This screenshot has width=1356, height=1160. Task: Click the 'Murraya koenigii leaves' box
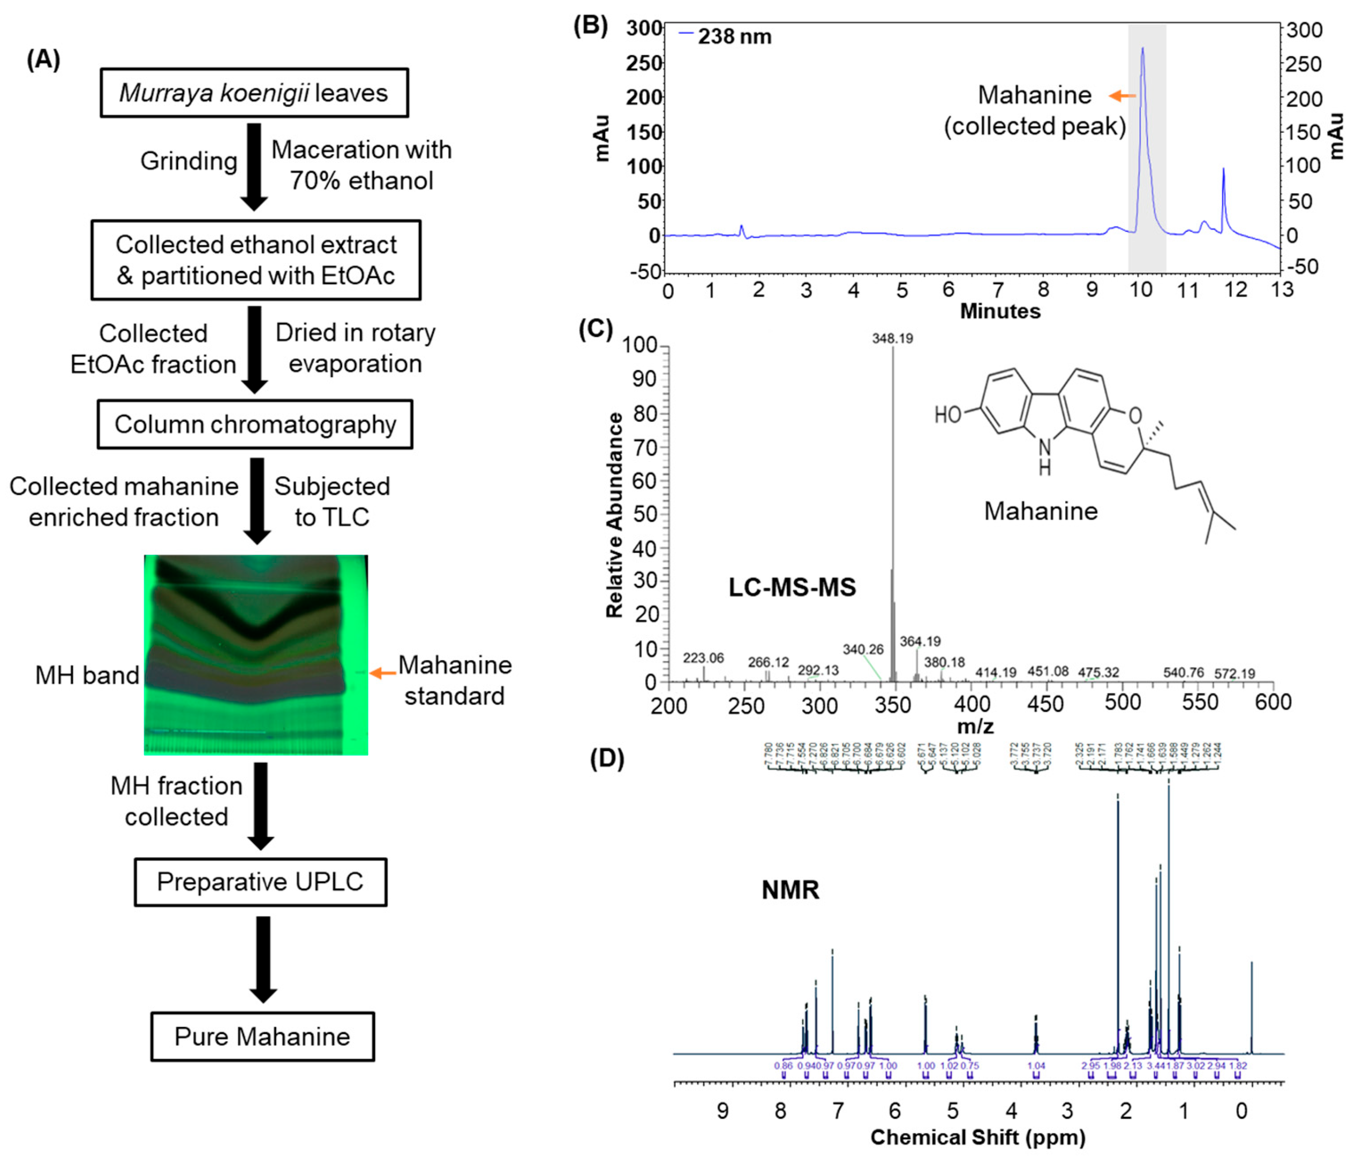pos(254,93)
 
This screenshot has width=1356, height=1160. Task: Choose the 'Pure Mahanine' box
pos(262,1036)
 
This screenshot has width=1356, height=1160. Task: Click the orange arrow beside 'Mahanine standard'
pos(383,673)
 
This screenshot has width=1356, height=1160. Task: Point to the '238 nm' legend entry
pos(726,36)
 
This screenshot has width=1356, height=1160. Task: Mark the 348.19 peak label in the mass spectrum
pos(892,338)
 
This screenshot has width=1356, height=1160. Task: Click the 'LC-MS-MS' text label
pos(792,587)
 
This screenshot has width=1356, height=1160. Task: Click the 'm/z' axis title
pos(975,726)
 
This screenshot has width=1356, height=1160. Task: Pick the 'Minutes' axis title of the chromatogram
pos(999,311)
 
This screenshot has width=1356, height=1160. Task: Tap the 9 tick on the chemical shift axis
pos(723,1110)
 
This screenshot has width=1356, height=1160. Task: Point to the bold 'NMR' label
pos(790,890)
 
